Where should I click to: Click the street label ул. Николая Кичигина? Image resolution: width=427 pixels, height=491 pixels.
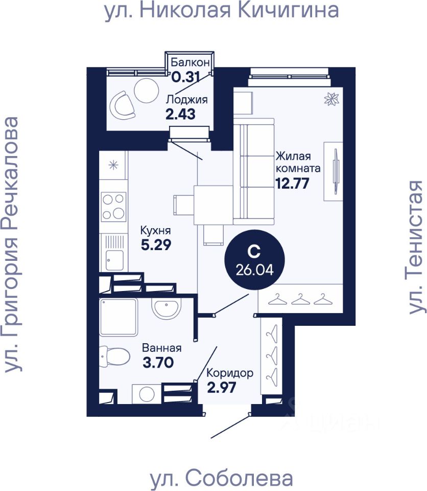pyautogui.click(x=222, y=11)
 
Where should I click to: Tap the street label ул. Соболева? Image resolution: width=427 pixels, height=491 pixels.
pyautogui.click(x=222, y=479)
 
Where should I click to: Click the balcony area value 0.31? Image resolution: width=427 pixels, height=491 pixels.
pyautogui.click(x=183, y=78)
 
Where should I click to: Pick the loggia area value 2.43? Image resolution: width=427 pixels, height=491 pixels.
pyautogui.click(x=180, y=114)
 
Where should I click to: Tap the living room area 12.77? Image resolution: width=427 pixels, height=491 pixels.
pyautogui.click(x=292, y=183)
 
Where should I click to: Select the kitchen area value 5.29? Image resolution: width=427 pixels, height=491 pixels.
pyautogui.click(x=155, y=244)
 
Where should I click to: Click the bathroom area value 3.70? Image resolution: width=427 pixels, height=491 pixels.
pyautogui.click(x=158, y=363)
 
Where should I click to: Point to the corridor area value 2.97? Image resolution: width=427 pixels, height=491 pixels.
pyautogui.click(x=222, y=387)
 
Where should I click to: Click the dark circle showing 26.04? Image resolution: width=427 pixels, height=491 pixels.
pyautogui.click(x=254, y=260)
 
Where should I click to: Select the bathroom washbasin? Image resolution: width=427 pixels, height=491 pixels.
pyautogui.click(x=166, y=308)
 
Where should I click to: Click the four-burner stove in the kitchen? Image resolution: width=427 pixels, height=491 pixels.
pyautogui.click(x=113, y=206)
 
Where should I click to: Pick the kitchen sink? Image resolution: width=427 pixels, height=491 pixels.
pyautogui.click(x=113, y=260)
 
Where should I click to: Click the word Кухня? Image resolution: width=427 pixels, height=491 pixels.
pyautogui.click(x=156, y=230)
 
